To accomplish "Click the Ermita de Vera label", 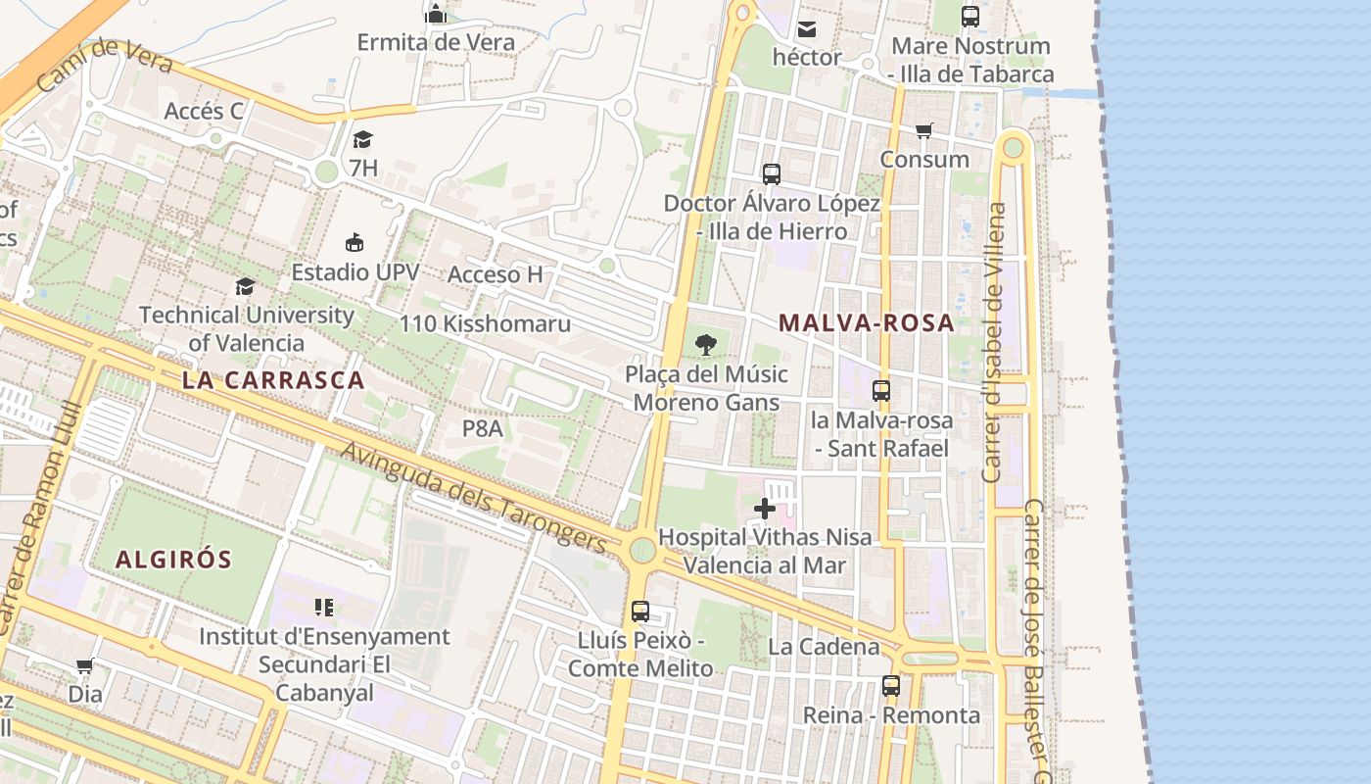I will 436,42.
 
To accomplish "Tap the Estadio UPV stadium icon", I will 355,242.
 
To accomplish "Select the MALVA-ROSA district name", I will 867,322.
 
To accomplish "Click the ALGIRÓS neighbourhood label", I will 173,560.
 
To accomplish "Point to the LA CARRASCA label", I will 273,380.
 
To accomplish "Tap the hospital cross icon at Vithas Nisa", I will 765,509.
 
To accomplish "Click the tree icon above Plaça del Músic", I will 705,345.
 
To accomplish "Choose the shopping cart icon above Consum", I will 923,130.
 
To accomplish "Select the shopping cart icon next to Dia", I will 85,666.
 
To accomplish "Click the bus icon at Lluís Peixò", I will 640,612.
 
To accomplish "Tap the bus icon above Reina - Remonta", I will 890,686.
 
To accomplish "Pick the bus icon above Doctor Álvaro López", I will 772,174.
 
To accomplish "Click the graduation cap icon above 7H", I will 362,139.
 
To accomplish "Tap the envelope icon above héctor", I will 807,29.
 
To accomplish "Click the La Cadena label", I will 824,647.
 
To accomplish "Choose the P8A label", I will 482,428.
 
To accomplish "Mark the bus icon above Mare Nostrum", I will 970,17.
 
